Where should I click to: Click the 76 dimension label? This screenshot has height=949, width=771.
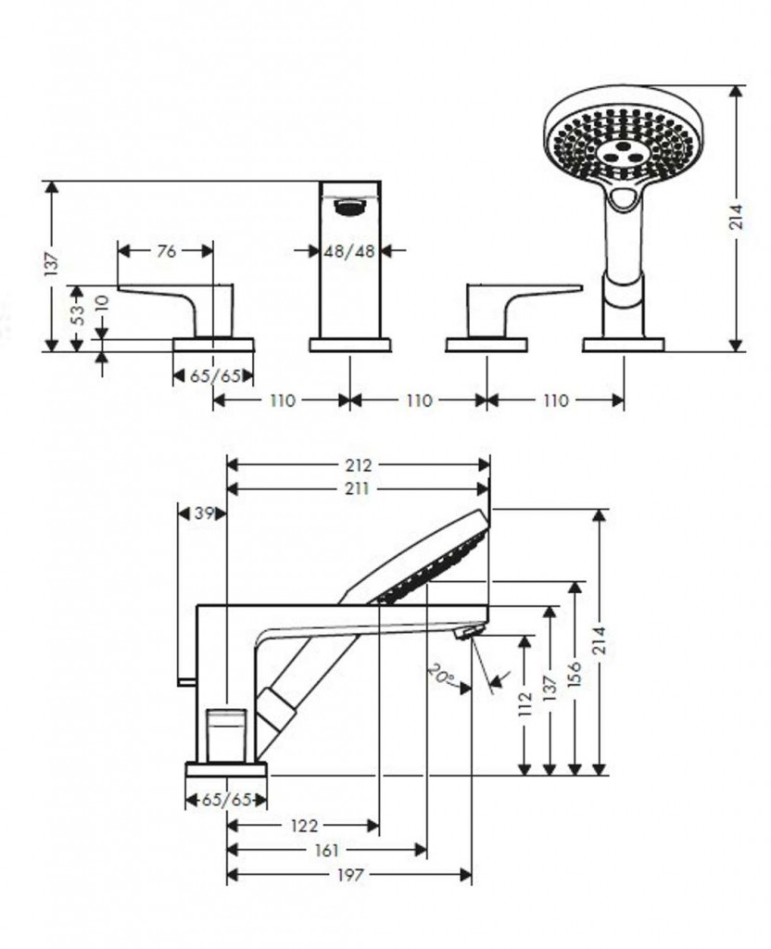(167, 250)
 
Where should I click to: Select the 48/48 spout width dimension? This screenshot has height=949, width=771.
(349, 250)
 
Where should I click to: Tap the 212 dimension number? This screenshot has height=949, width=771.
(359, 464)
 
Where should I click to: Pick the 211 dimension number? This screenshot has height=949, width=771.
(359, 488)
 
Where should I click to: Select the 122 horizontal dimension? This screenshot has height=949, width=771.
(303, 825)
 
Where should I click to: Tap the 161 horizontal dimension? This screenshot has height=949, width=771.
(326, 849)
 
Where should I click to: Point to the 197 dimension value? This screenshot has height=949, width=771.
(349, 874)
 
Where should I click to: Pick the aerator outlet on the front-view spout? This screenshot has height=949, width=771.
(349, 206)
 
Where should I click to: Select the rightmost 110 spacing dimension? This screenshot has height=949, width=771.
(554, 400)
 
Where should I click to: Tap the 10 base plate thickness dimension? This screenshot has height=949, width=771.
(102, 303)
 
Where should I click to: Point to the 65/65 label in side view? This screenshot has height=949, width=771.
(227, 800)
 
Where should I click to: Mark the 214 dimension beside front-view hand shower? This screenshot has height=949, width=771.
(736, 218)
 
